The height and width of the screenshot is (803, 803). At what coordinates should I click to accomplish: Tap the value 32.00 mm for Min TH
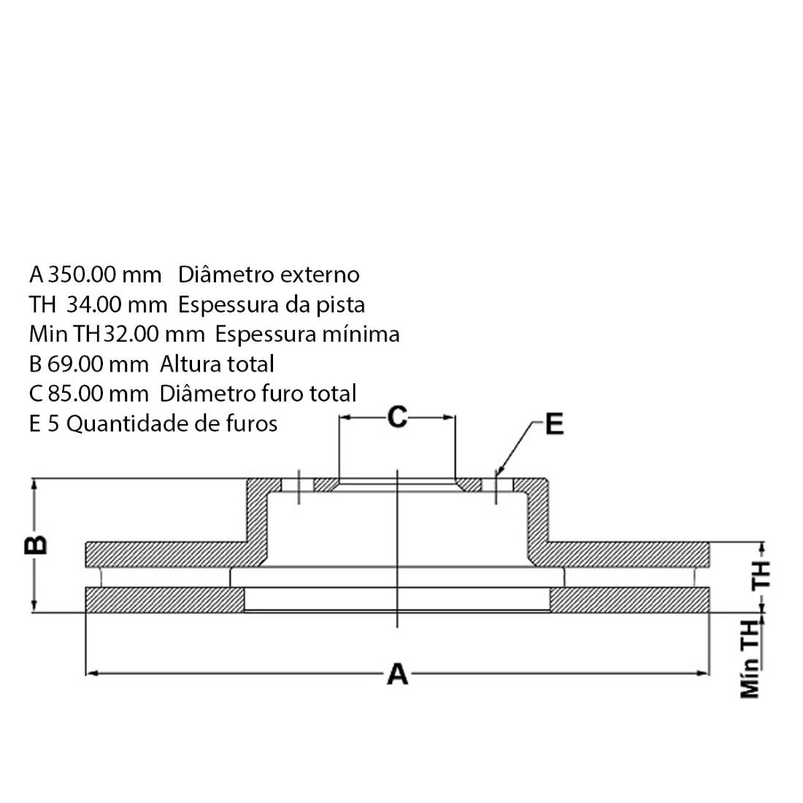click(x=154, y=334)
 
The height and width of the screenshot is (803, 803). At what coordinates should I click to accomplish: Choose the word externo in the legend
click(x=320, y=274)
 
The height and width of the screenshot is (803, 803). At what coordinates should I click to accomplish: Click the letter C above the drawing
click(x=396, y=418)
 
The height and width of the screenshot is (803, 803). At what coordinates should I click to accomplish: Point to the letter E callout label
click(x=555, y=424)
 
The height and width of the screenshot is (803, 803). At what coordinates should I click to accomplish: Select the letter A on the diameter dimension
click(x=397, y=674)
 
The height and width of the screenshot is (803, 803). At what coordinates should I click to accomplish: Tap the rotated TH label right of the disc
click(x=761, y=575)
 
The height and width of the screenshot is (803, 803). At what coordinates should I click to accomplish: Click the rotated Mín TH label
click(x=750, y=659)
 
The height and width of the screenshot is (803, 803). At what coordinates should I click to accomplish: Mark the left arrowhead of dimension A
click(x=91, y=673)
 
